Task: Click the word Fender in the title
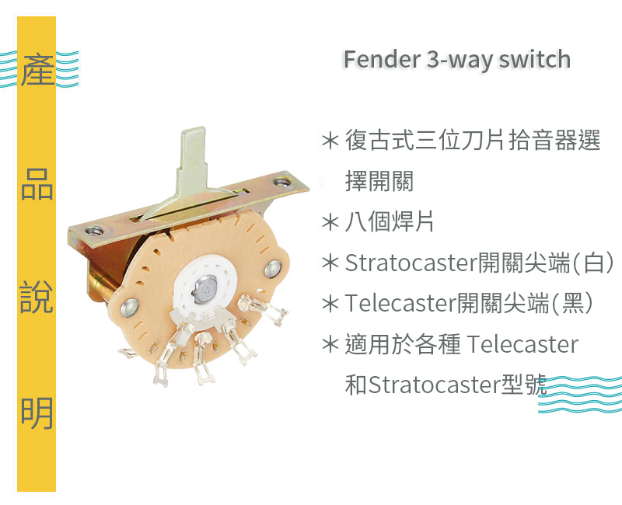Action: (x=382, y=60)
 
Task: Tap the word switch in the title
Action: (x=535, y=60)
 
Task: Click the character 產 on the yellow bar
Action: (x=37, y=69)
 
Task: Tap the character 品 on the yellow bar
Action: (x=37, y=184)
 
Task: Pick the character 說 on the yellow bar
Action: (x=37, y=297)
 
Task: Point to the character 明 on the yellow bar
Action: (x=37, y=413)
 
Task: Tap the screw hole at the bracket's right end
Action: (x=282, y=183)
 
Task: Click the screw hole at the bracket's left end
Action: (x=95, y=231)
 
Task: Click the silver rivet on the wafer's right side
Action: (x=274, y=269)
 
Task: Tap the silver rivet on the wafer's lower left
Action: (x=130, y=308)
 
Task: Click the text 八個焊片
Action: (x=390, y=221)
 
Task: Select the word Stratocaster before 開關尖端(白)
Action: (x=411, y=263)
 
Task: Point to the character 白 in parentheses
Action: (x=594, y=263)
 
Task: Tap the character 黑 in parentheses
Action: (x=572, y=304)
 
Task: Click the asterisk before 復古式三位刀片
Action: (x=330, y=141)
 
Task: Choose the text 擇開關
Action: (x=379, y=181)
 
